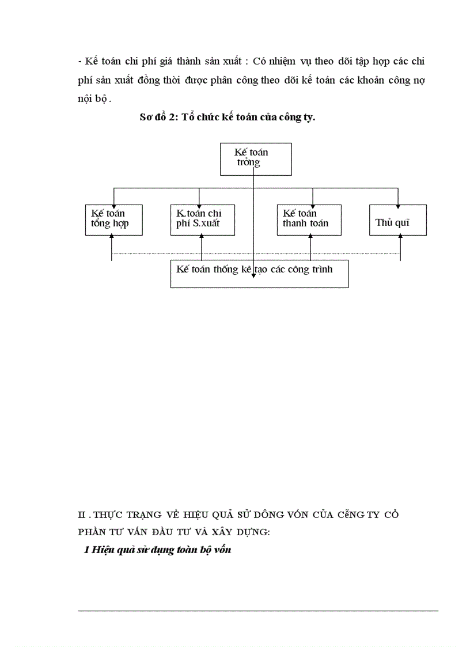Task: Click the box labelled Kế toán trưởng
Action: [256, 158]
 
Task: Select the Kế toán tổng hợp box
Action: [113, 220]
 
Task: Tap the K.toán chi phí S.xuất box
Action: [202, 220]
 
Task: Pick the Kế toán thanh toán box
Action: [312, 220]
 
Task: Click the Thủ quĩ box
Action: [397, 220]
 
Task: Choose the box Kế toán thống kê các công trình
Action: [259, 274]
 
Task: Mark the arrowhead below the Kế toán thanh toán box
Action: [310, 239]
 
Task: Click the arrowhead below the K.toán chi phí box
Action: [202, 239]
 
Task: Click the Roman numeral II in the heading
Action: [82, 514]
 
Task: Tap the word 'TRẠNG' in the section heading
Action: [138, 514]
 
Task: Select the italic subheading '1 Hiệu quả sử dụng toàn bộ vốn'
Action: [157, 550]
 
